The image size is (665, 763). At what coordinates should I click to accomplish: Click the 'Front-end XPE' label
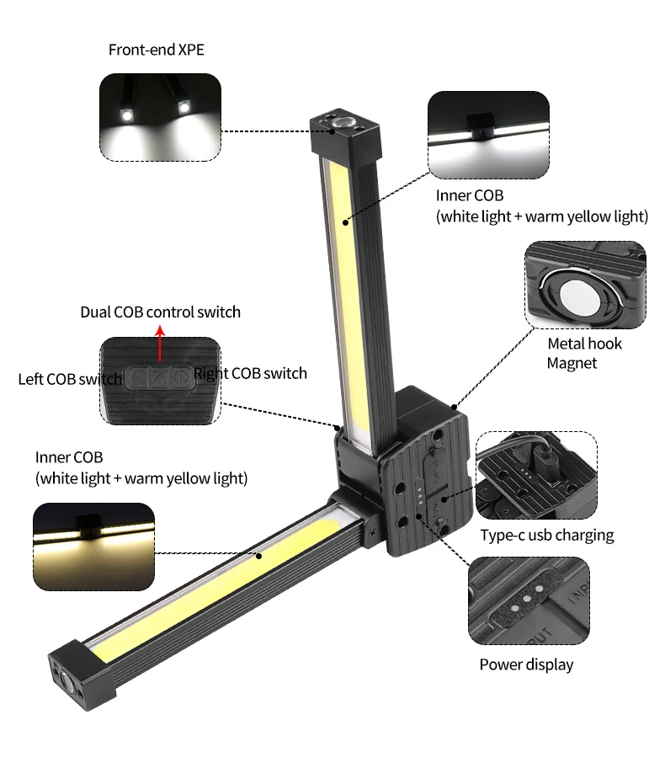pyautogui.click(x=156, y=50)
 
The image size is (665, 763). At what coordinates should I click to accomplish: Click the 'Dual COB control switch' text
pyautogui.click(x=160, y=312)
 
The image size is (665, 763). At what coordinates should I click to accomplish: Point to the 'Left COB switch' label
pyautogui.click(x=69, y=379)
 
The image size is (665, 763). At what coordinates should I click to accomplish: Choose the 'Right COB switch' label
pyautogui.click(x=251, y=373)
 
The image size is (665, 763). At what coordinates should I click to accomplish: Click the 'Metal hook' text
pyautogui.click(x=585, y=344)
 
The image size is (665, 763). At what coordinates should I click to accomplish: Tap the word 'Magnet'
pyautogui.click(x=572, y=363)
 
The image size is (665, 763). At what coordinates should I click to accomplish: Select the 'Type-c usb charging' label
pyautogui.click(x=547, y=535)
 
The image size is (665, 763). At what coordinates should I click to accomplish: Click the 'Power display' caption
pyautogui.click(x=526, y=664)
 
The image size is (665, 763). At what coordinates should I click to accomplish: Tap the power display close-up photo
pyautogui.click(x=529, y=601)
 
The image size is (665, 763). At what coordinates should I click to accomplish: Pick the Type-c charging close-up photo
pyautogui.click(x=536, y=475)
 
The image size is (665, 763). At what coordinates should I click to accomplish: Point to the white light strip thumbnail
pyautogui.click(x=488, y=134)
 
